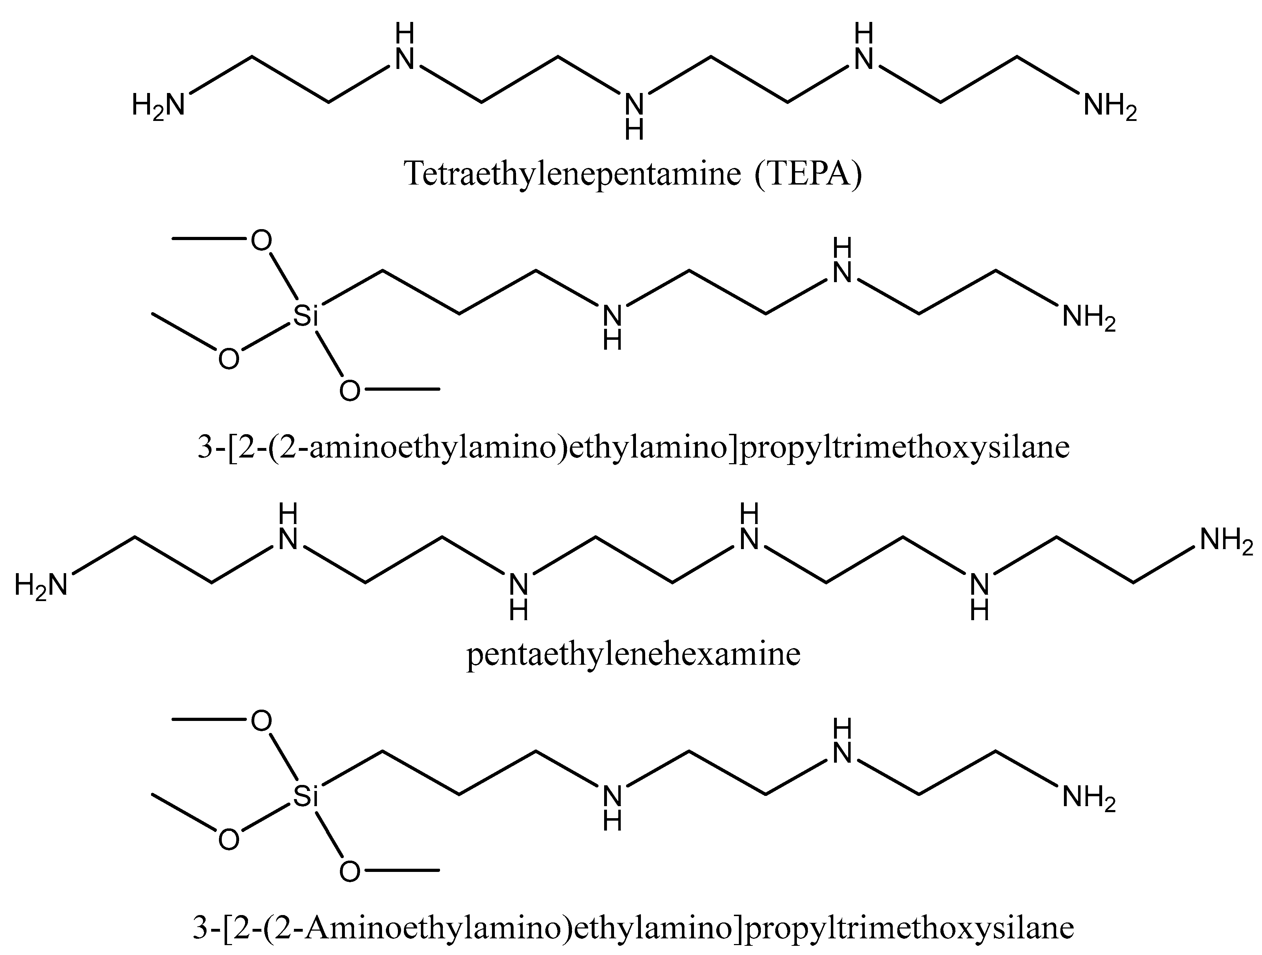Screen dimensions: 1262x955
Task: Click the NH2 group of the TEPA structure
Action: click(x=1110, y=106)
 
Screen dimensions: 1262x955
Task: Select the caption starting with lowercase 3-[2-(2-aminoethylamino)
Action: click(x=633, y=448)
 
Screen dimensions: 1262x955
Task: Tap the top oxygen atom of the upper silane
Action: click(x=261, y=241)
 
